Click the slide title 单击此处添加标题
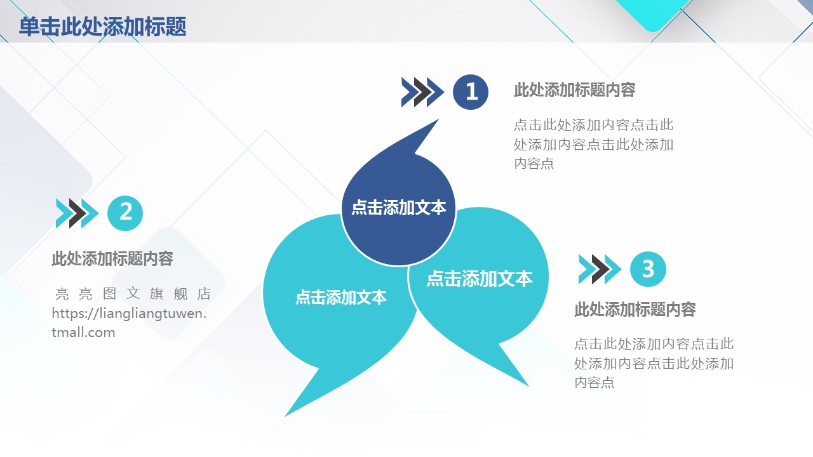[103, 27]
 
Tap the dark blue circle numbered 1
[471, 92]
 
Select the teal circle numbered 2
[125, 213]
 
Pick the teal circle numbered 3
[648, 269]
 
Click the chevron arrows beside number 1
[422, 92]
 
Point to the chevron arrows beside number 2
[77, 213]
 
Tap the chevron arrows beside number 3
[600, 269]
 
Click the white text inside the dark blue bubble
[398, 208]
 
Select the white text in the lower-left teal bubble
[341, 297]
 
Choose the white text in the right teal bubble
[479, 279]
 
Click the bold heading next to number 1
[575, 90]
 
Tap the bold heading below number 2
[112, 258]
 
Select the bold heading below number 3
[635, 309]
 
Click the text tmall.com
[83, 333]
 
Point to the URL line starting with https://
[129, 314]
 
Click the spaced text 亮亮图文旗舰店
[133, 294]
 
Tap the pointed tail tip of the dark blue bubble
[439, 119]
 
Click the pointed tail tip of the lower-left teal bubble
[285, 416]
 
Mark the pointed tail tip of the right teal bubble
[528, 386]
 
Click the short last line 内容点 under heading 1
[534, 164]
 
